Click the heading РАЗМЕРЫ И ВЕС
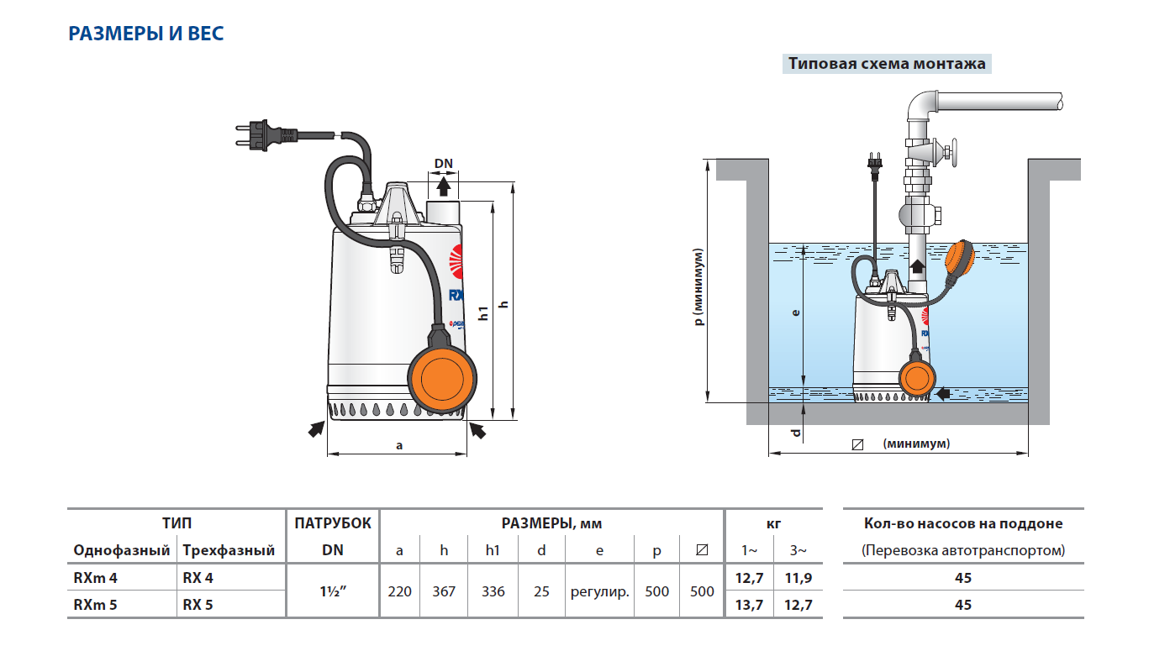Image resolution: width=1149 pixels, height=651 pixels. [x=145, y=34]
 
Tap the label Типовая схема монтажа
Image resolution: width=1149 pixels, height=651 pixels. [x=886, y=64]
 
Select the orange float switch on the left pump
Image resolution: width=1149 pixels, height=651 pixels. [x=443, y=380]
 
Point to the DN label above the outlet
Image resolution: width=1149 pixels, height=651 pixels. [x=443, y=162]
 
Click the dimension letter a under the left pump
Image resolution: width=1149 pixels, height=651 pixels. [x=399, y=445]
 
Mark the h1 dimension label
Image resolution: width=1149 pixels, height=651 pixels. [x=483, y=313]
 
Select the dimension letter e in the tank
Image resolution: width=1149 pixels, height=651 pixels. [x=796, y=312]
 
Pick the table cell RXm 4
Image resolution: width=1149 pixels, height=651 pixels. [x=95, y=578]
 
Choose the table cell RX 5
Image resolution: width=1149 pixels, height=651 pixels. [x=198, y=604]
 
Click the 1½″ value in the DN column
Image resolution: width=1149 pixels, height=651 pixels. [x=333, y=591]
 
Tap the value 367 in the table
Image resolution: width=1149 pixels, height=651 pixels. [x=444, y=591]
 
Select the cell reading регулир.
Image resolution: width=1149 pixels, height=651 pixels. [x=600, y=591]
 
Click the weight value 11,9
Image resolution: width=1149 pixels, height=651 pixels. [x=799, y=578]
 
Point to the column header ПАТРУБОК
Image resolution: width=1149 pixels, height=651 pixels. [x=333, y=523]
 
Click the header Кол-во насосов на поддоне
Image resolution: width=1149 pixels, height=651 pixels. [x=963, y=523]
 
